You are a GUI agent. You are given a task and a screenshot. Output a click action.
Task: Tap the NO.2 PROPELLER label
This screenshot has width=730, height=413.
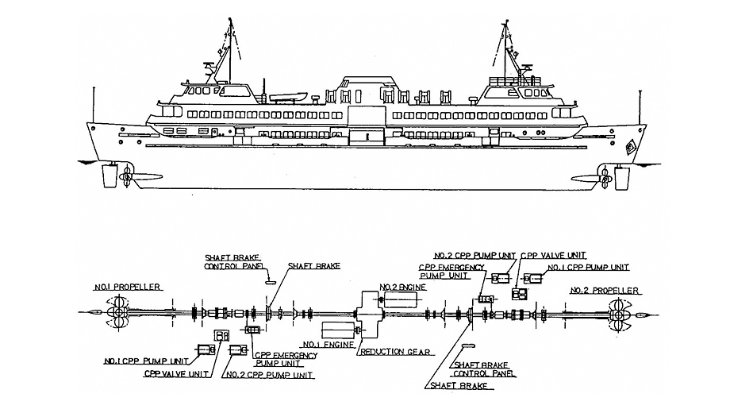(600, 291)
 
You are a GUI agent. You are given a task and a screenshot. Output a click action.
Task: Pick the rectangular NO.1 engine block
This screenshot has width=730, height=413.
(338, 329)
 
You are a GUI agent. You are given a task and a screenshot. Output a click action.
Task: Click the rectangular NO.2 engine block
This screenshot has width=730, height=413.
(401, 300)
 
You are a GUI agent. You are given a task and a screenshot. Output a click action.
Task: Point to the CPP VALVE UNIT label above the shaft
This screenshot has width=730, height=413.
(553, 257)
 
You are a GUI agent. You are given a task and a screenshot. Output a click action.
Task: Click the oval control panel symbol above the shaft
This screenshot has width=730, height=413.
(269, 280)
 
